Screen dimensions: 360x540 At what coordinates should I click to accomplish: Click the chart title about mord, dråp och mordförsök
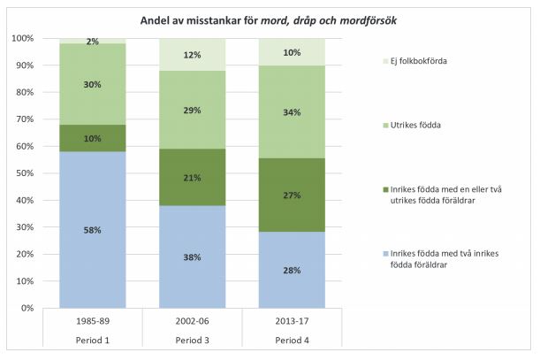click(x=270, y=20)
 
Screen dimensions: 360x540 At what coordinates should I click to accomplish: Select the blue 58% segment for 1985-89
click(x=92, y=230)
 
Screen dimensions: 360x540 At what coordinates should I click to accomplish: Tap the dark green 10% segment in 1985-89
click(x=92, y=138)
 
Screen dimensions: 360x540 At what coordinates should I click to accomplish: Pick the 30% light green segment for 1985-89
click(x=92, y=84)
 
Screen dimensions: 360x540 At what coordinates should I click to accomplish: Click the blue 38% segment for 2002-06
click(x=191, y=257)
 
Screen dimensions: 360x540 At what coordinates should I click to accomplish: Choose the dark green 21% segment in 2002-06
click(x=191, y=178)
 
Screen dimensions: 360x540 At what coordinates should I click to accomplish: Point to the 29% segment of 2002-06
click(x=191, y=111)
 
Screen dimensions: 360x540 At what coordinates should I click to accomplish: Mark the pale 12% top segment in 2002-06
click(x=191, y=55)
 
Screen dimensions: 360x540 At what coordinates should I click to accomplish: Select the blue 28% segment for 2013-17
click(x=291, y=270)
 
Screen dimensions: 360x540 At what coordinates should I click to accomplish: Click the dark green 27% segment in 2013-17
click(x=291, y=195)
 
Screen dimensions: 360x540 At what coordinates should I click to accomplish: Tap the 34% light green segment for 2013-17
click(x=291, y=111)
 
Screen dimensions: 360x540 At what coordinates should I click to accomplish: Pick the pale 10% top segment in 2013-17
click(x=291, y=52)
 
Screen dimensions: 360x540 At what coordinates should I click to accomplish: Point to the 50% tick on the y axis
click(x=23, y=173)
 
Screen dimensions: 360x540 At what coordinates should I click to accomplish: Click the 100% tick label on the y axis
click(x=21, y=39)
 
